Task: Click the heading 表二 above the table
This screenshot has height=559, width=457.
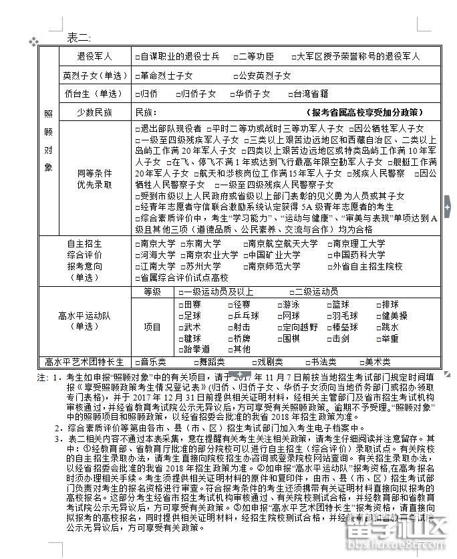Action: pos(79,38)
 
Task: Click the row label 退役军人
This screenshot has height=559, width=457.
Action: pos(94,57)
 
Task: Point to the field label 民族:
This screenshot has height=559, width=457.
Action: pos(146,112)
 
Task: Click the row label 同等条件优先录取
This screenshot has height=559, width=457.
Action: pos(94,179)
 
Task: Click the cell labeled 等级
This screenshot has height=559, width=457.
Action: pos(152,292)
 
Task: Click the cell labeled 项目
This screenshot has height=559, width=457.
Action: pos(152,327)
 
